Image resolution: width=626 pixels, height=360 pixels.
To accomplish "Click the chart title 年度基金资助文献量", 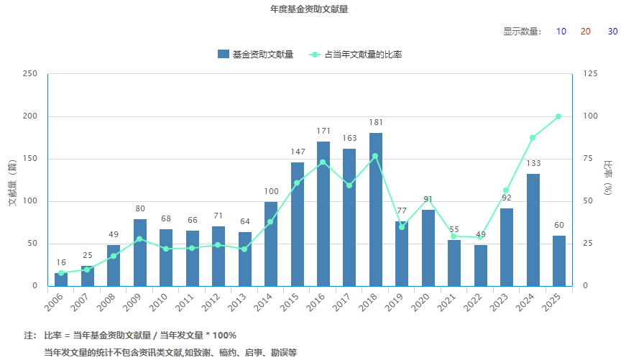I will point(313,9).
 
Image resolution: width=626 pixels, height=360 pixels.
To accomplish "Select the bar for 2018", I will point(376,208).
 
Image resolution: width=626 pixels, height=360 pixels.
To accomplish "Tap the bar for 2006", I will point(61,279).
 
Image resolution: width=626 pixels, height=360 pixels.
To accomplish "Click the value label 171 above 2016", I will point(323,131).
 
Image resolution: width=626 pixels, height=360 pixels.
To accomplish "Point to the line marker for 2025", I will point(558,116).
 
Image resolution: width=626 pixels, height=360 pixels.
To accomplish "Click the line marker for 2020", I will point(428,199).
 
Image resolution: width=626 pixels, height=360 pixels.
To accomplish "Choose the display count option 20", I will point(586,32).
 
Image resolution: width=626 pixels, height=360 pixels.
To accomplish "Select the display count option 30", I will point(612,32).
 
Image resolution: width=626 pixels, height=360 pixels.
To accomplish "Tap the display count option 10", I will point(561,32).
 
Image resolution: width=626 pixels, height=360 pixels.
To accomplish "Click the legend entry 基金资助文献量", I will point(255,55).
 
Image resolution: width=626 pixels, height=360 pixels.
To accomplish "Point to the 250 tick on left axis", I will point(30,74).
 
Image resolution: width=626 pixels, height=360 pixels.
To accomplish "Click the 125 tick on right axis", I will point(590,74).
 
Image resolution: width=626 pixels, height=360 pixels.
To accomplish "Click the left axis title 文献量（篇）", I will point(12,181).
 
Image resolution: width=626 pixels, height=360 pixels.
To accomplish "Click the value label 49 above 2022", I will point(481,235).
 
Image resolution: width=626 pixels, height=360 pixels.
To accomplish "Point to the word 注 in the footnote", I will point(29,336).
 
